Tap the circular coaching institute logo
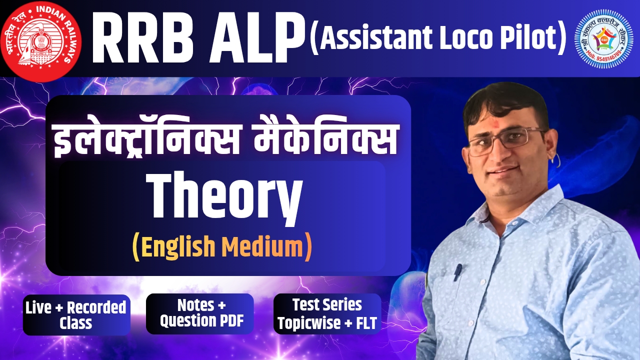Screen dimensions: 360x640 [606, 39]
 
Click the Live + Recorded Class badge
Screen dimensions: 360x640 [76, 315]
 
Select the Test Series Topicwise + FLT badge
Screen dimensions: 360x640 [327, 313]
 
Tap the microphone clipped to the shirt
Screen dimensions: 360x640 [458, 272]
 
